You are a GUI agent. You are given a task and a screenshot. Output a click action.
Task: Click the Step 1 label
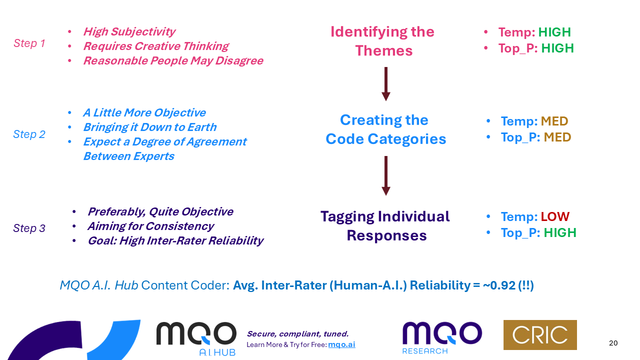(x=29, y=43)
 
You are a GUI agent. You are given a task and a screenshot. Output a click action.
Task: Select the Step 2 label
(x=29, y=134)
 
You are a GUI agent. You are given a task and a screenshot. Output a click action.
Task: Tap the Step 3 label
(x=29, y=228)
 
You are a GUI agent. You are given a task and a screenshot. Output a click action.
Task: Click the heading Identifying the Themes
(x=382, y=41)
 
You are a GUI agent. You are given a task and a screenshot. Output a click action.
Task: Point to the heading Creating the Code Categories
(x=385, y=129)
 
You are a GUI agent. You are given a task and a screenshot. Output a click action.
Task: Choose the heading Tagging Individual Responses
(x=385, y=225)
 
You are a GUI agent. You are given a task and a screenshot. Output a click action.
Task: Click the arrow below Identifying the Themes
(x=385, y=84)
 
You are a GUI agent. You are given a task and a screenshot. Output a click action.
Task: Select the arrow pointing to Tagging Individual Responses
(x=385, y=175)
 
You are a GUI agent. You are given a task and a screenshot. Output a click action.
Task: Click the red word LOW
(x=555, y=217)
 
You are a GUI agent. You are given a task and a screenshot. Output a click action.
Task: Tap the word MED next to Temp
(x=554, y=121)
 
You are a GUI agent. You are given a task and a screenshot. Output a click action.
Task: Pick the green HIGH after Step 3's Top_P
(x=560, y=232)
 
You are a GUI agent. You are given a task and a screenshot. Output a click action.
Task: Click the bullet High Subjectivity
(x=129, y=32)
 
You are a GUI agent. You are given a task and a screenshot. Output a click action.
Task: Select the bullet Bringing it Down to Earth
(x=149, y=127)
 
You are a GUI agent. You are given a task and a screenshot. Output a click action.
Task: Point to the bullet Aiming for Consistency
(x=150, y=226)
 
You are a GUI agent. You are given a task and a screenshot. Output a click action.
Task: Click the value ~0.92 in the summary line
(x=499, y=285)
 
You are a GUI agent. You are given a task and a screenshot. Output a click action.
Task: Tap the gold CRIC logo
(x=540, y=335)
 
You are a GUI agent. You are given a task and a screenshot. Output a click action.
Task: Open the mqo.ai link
(x=341, y=344)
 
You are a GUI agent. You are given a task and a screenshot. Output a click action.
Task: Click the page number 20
(x=613, y=343)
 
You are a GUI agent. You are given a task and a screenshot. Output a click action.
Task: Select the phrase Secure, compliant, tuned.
(x=297, y=334)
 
